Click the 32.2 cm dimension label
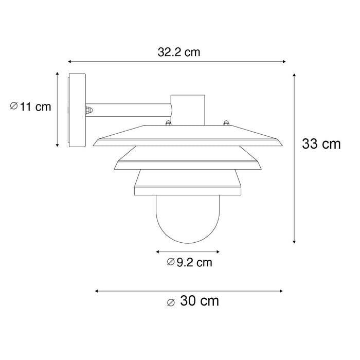coord(179,52)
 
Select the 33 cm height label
coord(321,143)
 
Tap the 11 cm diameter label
coord(31,106)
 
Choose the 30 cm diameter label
coord(193,301)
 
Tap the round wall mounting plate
coord(77,111)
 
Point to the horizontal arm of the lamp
coord(129,110)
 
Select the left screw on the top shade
coord(167,122)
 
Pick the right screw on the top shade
coord(225,122)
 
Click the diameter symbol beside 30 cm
coord(171,302)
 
